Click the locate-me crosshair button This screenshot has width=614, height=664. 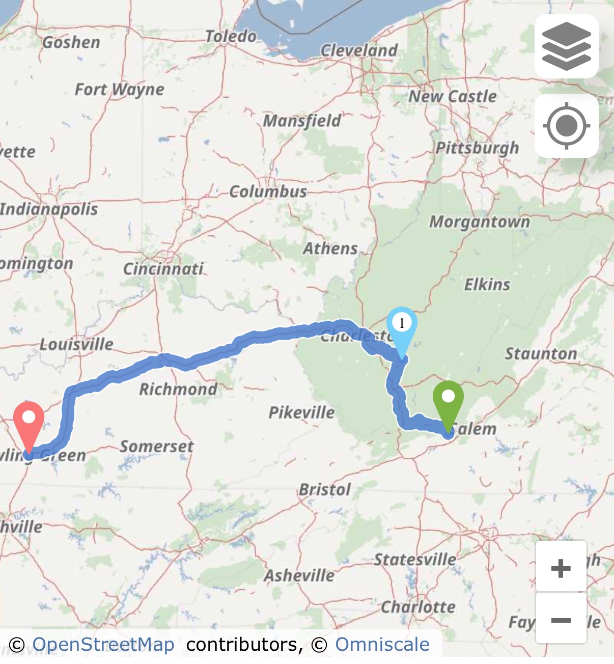566,125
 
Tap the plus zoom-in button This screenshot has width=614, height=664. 561,567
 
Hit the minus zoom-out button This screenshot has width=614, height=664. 561,620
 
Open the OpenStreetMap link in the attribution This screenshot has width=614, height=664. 103,645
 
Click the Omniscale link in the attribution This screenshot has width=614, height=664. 382,645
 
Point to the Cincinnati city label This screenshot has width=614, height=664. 163,269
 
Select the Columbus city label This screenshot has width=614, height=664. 268,191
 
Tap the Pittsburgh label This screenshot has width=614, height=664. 477,148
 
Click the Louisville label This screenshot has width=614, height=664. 76,344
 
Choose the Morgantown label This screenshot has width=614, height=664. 480,222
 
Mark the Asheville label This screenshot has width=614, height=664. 299,575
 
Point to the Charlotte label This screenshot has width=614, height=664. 418,607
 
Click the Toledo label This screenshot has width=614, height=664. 231,36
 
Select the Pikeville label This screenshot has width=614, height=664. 301,412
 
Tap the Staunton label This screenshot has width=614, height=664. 541,353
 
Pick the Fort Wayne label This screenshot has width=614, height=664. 120,90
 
